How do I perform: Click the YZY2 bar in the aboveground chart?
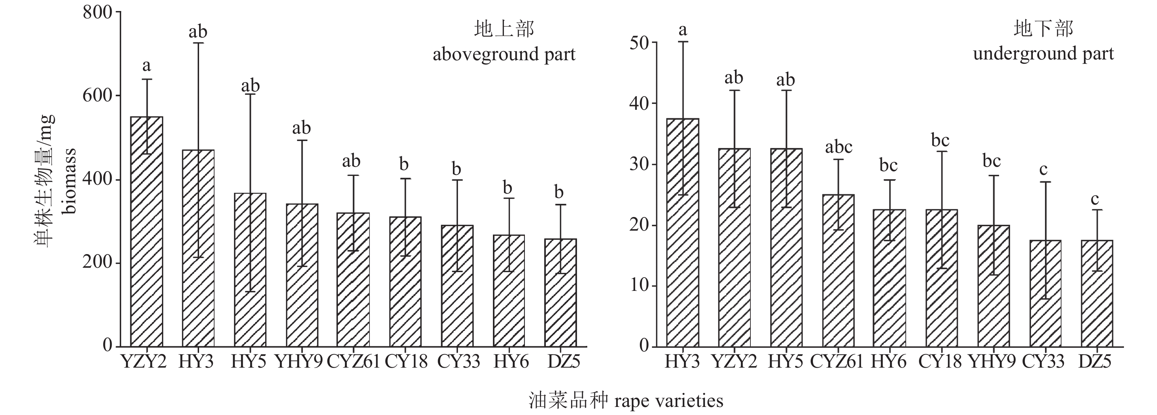(147, 231)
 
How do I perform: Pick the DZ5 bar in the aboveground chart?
(561, 292)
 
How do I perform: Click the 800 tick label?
(97, 12)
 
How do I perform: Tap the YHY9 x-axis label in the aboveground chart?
(299, 361)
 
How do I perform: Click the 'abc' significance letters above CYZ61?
(839, 147)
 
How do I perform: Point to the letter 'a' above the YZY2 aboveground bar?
(147, 66)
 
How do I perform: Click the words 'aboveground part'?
(504, 54)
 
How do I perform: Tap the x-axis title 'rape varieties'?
(669, 400)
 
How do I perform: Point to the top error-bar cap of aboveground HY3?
(198, 43)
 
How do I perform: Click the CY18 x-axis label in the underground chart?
(940, 361)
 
